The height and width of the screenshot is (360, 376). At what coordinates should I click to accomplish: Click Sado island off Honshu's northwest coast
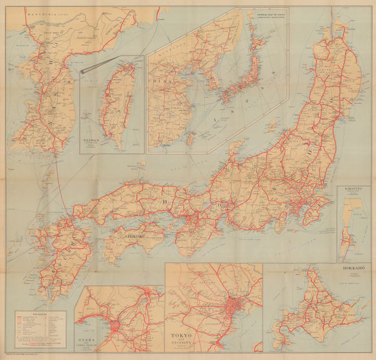coord(236,149)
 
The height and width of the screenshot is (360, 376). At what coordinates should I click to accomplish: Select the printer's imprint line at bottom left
coord(28,356)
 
